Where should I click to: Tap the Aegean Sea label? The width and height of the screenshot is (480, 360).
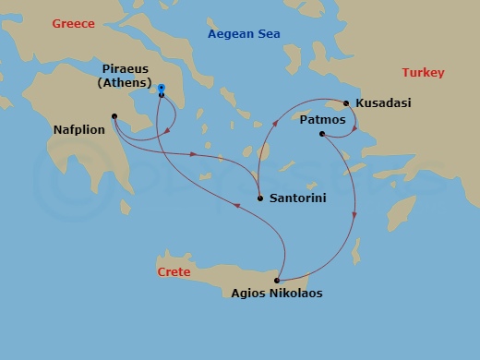(x=244, y=34)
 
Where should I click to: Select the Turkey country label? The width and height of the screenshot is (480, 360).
(x=423, y=73)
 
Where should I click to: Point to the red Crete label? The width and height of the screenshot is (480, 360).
(x=174, y=272)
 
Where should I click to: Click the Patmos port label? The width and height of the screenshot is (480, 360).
(x=323, y=120)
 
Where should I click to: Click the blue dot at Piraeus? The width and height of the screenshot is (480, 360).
(x=162, y=88)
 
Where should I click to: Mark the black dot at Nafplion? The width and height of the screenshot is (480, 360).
(x=114, y=116)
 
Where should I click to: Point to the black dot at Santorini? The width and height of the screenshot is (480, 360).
(x=260, y=198)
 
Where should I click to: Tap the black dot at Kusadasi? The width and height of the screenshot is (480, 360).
(x=346, y=103)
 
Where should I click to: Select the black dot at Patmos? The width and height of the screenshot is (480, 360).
(x=321, y=135)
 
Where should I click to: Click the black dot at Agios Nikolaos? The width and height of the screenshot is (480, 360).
(x=277, y=280)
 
